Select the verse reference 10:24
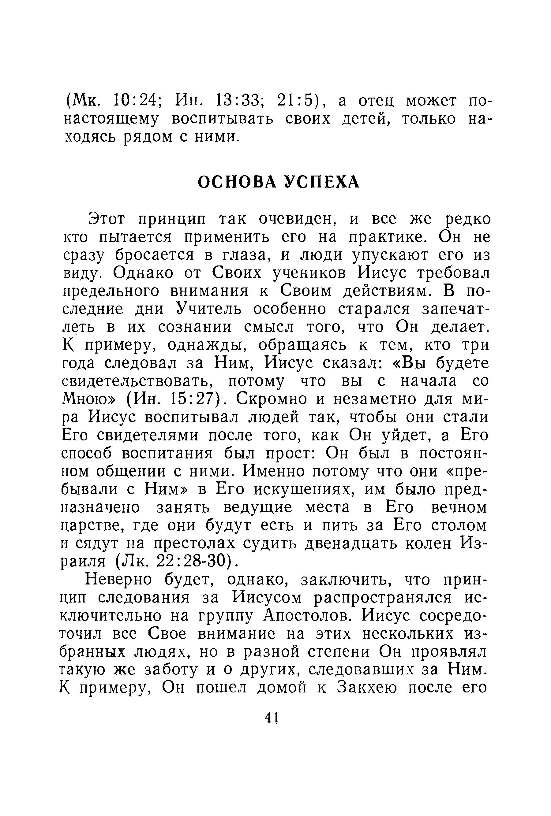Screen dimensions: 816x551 tap(135, 101)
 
